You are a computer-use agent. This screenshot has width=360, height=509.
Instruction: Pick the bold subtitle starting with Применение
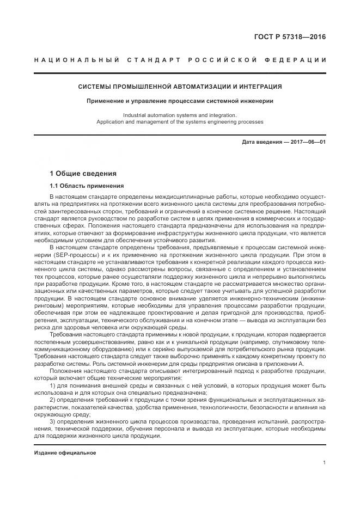point(180,101)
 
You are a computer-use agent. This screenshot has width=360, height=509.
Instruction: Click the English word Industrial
point(136,115)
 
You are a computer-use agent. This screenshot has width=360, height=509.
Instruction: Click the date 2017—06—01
point(308,142)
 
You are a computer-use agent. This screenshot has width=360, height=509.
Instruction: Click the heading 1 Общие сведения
point(83,174)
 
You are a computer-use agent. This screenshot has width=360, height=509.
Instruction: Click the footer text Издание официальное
point(65,453)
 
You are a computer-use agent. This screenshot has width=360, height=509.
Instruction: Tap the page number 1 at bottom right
point(324,463)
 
